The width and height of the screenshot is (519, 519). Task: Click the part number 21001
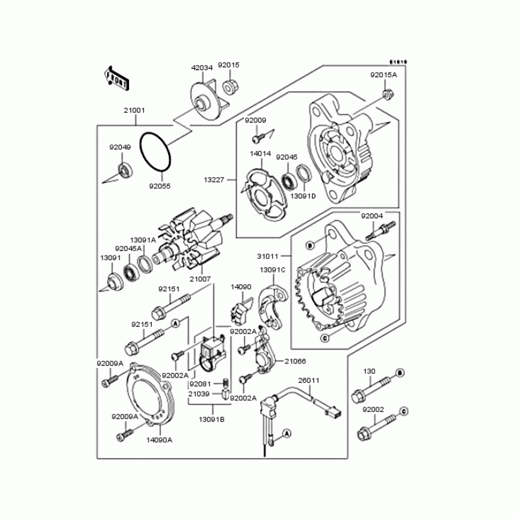[x=135, y=111]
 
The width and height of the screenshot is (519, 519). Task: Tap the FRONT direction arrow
[x=115, y=76]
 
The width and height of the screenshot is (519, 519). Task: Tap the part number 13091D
[x=302, y=196]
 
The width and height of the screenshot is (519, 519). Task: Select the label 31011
[x=268, y=257]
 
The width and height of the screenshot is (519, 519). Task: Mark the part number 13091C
[x=272, y=270]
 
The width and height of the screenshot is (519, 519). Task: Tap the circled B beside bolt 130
[x=400, y=372]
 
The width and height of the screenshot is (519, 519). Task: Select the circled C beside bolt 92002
[x=403, y=411]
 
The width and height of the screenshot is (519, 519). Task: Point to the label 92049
[x=120, y=147]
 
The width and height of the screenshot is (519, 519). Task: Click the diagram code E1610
[x=398, y=62]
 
